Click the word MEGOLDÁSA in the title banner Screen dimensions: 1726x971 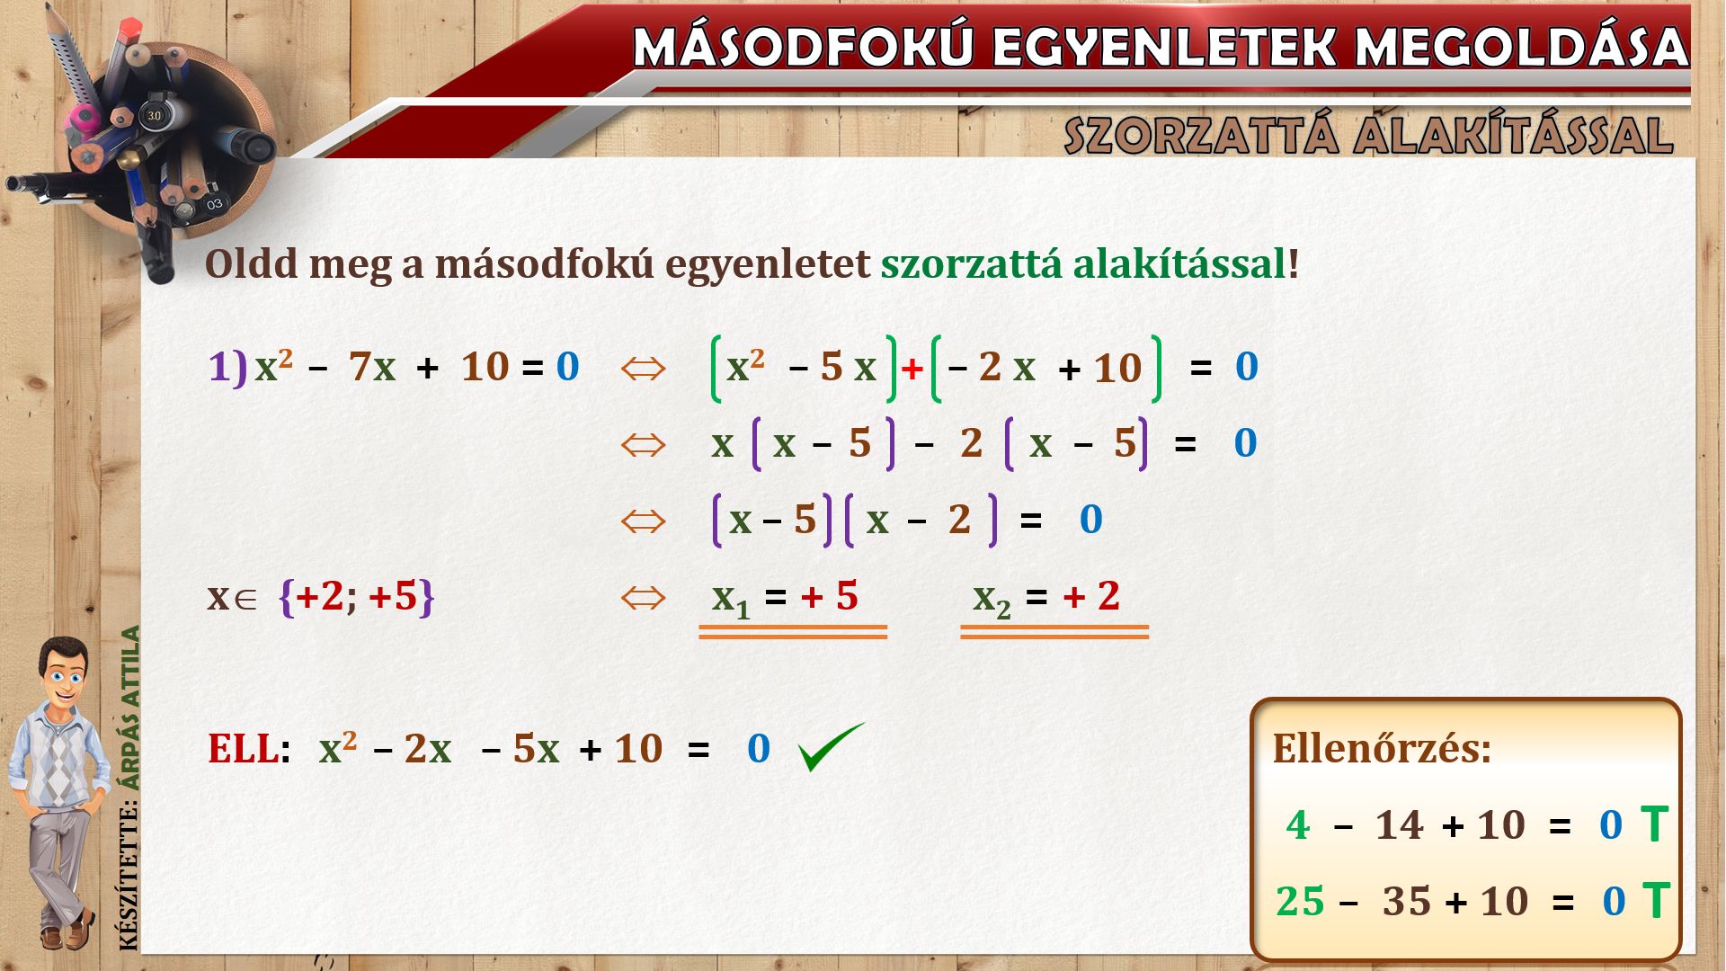(1521, 47)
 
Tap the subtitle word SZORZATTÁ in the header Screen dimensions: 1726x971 (1199, 135)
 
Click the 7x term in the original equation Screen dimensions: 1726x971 (372, 367)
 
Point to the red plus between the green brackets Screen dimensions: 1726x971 (912, 369)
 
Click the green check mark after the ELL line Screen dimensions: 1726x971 (831, 746)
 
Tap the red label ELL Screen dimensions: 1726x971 (243, 748)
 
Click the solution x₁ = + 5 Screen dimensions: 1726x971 (785, 598)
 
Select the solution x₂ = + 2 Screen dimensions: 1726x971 (1046, 598)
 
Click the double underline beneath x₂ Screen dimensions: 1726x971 (1054, 632)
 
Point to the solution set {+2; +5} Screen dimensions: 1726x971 (357, 596)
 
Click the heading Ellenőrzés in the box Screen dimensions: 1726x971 (1382, 748)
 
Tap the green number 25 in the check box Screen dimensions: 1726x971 (1300, 901)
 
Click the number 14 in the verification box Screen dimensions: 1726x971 (1400, 824)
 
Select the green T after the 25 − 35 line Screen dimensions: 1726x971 (1656, 901)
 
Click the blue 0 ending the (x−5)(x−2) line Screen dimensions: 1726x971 (1090, 520)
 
